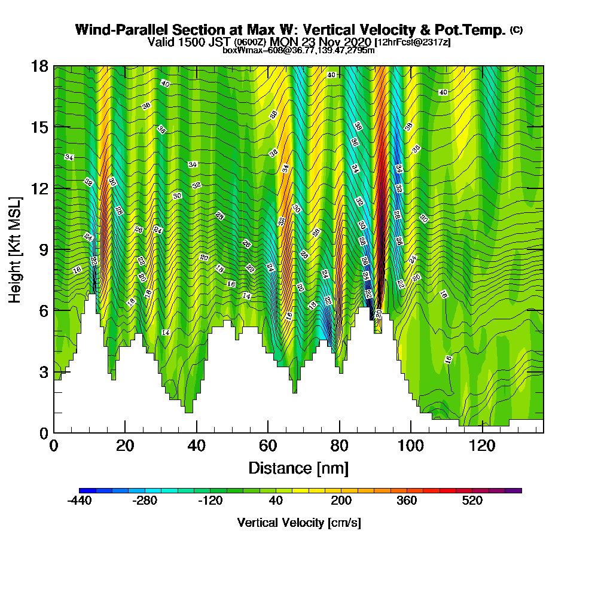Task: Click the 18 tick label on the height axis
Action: click(x=39, y=66)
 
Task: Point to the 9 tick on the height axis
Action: click(x=54, y=249)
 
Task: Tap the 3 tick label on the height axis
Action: click(x=43, y=371)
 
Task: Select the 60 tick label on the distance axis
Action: click(x=268, y=446)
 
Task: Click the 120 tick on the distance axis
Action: click(x=482, y=432)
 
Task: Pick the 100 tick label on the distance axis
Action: click(x=411, y=446)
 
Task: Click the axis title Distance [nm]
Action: click(x=298, y=468)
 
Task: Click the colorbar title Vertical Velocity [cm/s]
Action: click(x=299, y=523)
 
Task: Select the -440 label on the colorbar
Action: click(x=80, y=501)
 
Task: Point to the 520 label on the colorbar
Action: click(x=472, y=501)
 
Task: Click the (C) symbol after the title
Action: click(x=516, y=29)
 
